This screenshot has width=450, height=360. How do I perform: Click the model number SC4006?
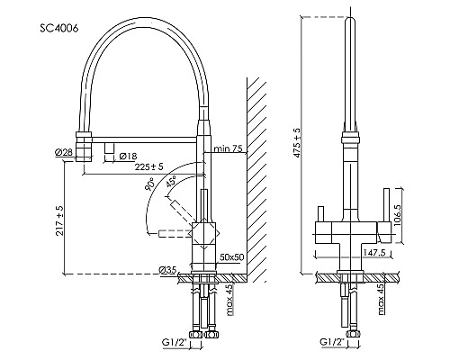(x=59, y=28)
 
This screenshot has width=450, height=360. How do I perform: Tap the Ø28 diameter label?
(x=64, y=152)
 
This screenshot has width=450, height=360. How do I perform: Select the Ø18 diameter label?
(x=128, y=156)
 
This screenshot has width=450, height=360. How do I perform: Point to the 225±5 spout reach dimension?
(x=148, y=166)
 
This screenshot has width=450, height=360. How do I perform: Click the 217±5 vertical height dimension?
(x=60, y=220)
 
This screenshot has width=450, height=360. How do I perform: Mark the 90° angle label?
(x=149, y=184)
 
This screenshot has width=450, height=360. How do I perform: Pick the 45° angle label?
(x=171, y=182)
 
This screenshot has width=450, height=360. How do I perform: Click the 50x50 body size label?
(x=232, y=257)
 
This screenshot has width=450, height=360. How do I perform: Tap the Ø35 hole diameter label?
(x=167, y=270)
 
